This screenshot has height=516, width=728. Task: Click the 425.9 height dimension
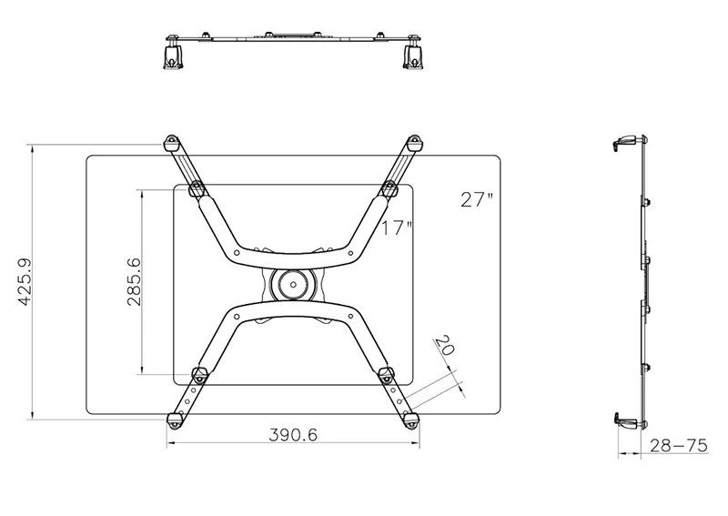point(25,282)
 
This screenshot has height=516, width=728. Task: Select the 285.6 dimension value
point(134,281)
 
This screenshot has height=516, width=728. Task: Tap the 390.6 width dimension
point(293,435)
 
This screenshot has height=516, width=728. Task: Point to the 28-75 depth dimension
point(678,446)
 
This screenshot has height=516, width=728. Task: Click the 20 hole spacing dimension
point(443,345)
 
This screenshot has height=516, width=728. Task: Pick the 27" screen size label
point(477,199)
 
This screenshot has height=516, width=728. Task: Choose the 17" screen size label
point(397,228)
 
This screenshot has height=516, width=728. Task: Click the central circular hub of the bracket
point(293,284)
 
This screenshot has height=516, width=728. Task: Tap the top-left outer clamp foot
point(171,143)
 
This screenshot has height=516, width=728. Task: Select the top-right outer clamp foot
point(413,143)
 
